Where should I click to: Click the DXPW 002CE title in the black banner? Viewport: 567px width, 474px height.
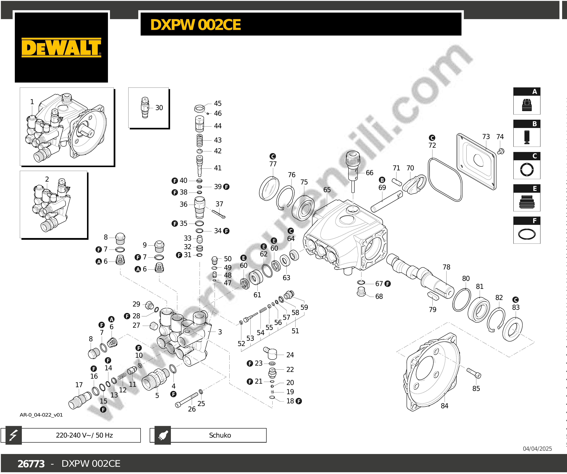(x=195, y=25)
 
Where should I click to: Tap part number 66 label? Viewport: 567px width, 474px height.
(x=369, y=173)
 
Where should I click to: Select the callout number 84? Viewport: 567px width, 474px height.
(x=444, y=406)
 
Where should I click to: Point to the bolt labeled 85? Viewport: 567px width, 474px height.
(x=474, y=373)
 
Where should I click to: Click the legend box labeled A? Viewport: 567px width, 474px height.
(x=527, y=101)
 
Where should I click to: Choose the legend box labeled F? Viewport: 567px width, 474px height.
(x=527, y=230)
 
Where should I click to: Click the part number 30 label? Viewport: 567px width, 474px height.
(x=159, y=108)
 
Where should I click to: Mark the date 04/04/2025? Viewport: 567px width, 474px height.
(x=537, y=449)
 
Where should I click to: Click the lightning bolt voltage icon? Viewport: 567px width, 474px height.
(x=13, y=435)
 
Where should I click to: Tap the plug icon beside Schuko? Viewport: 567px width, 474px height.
(x=163, y=435)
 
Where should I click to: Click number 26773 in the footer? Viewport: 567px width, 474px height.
(x=31, y=464)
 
